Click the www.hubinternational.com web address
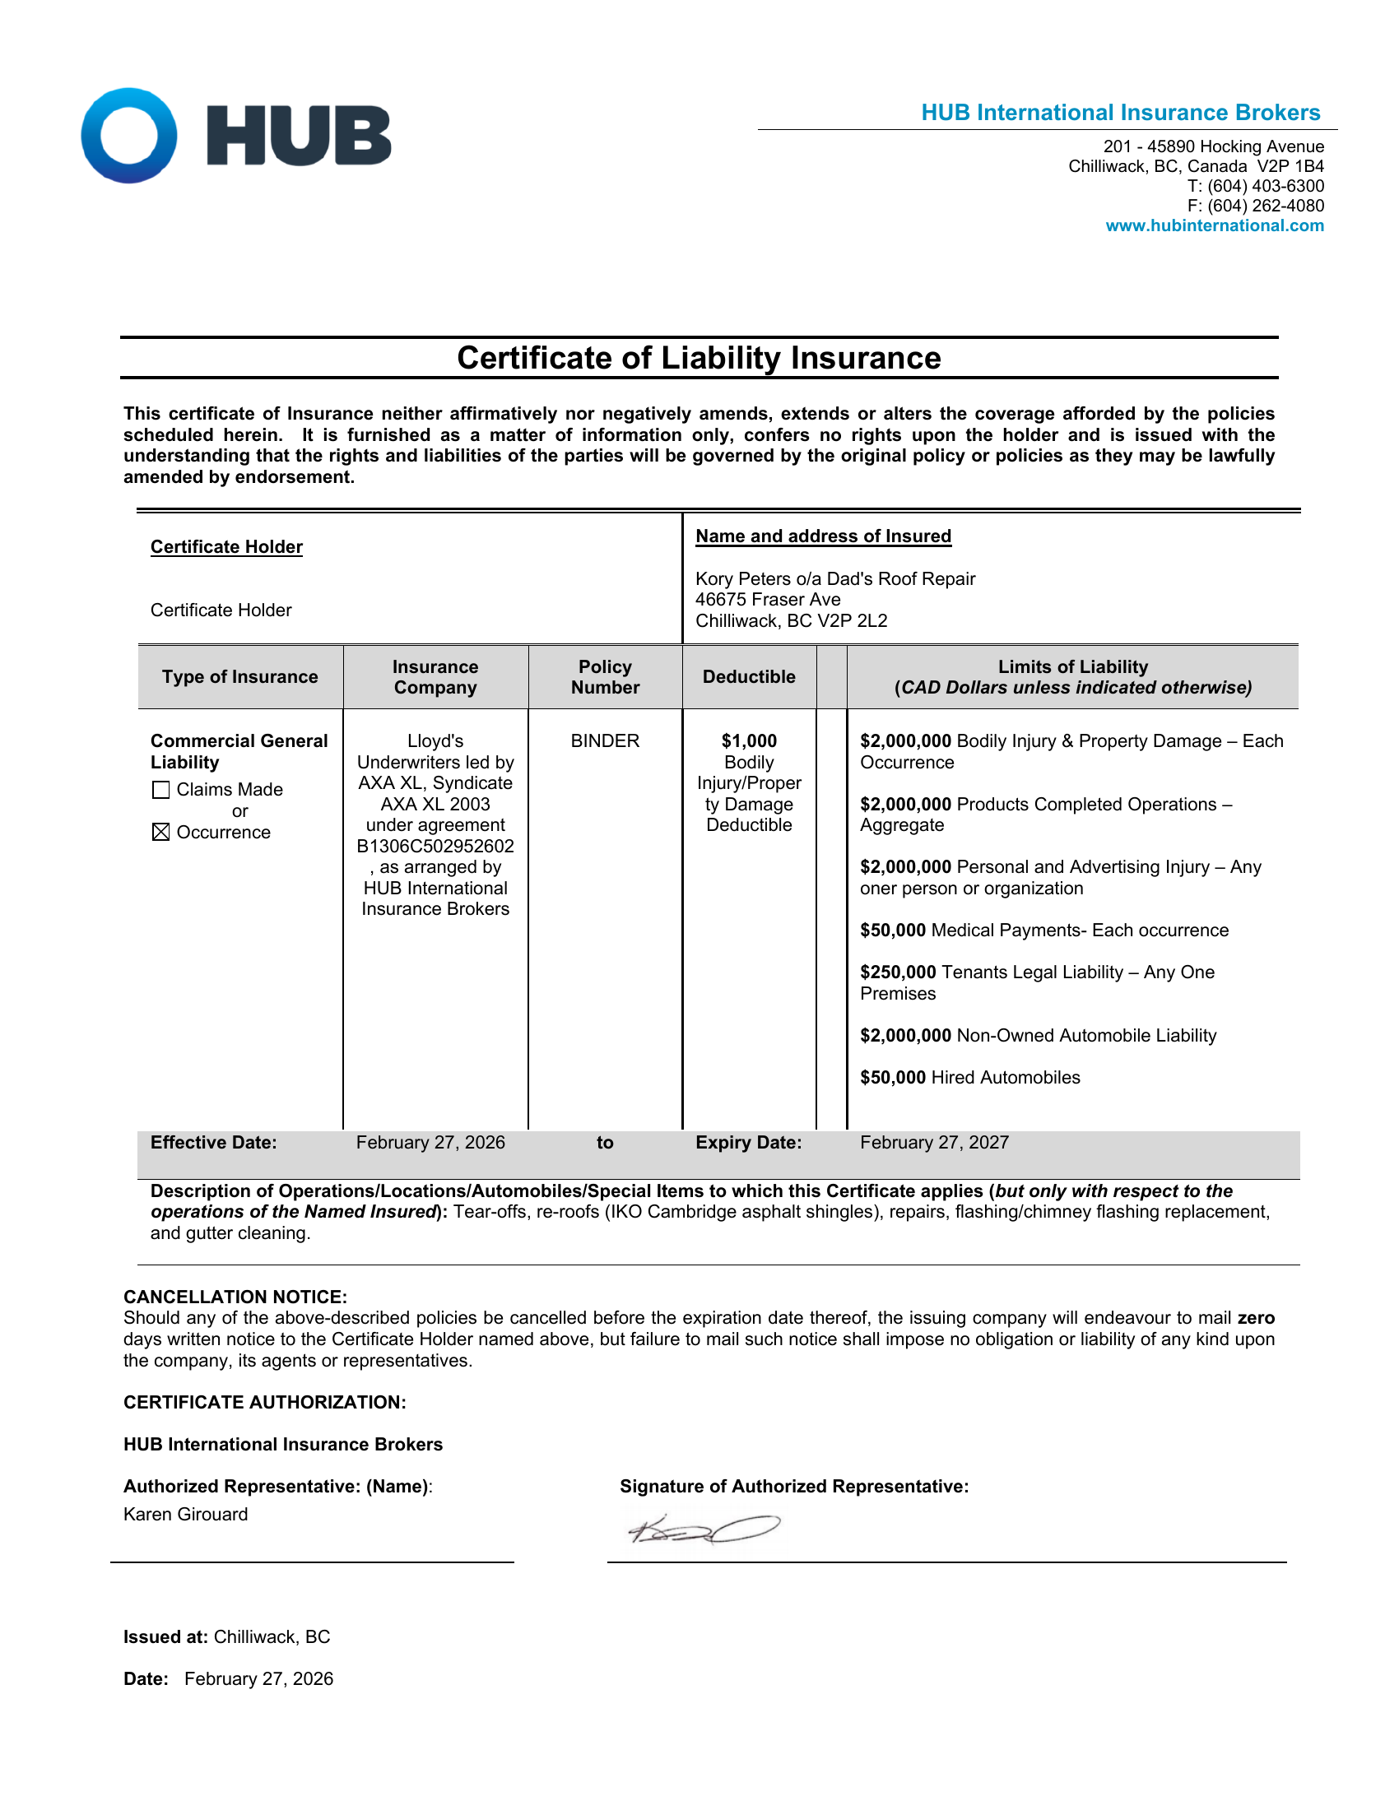1214,225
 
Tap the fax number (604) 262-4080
1265,206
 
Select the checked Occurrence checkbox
160,832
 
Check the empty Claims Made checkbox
160,790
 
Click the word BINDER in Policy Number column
605,741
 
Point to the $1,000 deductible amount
748,741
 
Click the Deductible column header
748,677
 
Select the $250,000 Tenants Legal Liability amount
898,972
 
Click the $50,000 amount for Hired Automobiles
893,1078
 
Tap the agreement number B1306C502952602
435,846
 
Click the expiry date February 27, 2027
934,1142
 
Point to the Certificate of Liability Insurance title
699,358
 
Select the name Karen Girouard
186,1514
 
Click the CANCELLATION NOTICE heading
235,1297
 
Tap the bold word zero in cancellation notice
1256,1318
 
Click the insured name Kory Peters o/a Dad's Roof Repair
834,578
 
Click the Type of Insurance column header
239,677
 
